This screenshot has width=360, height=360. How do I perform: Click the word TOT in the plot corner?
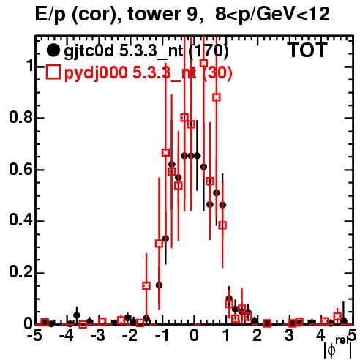308,50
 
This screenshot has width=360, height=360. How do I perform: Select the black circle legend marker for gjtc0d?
53,50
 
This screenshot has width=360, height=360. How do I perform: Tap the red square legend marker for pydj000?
53,72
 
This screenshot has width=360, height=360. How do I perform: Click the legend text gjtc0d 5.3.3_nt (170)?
146,51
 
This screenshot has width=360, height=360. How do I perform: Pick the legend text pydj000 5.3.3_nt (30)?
148,72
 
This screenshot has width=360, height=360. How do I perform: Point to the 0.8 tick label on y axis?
20,117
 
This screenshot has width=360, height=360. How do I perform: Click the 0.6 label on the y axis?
20,169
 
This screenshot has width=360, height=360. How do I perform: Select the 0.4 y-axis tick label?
20,220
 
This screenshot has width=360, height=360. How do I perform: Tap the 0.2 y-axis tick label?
20,272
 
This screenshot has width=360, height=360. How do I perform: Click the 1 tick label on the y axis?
29,65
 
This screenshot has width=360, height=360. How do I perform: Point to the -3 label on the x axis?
98,336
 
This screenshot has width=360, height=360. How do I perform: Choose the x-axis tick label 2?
257,336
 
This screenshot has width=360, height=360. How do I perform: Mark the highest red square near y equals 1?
203,63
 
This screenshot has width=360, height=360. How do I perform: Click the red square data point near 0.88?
217,97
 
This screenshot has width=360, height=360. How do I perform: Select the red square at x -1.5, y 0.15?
146,285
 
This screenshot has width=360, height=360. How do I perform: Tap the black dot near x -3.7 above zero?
77,315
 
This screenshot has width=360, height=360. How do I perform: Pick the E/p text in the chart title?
50,15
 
